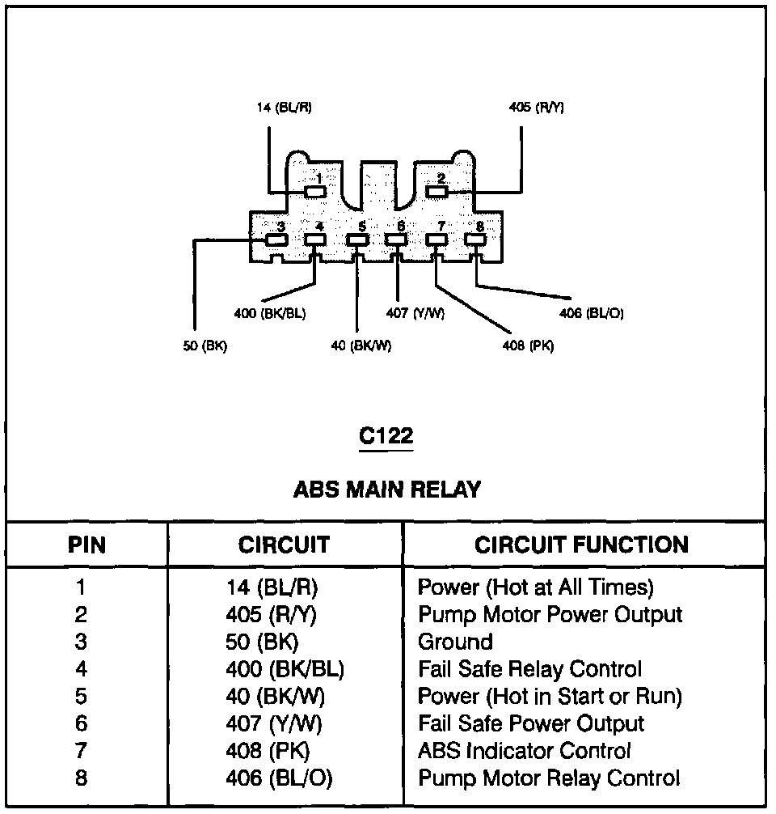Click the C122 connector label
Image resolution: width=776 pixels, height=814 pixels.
pyautogui.click(x=386, y=437)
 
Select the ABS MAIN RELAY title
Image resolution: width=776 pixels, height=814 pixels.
pyautogui.click(x=386, y=489)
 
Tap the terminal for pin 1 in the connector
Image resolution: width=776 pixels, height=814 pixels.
pyautogui.click(x=316, y=192)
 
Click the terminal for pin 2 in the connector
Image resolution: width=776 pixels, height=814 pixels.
pyautogui.click(x=436, y=192)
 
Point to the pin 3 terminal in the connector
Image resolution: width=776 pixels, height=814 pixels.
pyautogui.click(x=276, y=240)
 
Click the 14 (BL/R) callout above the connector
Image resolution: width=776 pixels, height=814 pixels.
pyautogui.click(x=285, y=108)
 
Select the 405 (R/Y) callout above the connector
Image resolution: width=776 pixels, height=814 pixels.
pyautogui.click(x=536, y=108)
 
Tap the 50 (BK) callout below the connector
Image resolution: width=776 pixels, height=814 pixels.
pyautogui.click(x=205, y=346)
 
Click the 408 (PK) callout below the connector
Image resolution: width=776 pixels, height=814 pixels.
pyautogui.click(x=527, y=346)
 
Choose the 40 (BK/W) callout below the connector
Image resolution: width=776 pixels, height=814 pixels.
pyautogui.click(x=361, y=346)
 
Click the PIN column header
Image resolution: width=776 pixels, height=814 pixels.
pyautogui.click(x=86, y=545)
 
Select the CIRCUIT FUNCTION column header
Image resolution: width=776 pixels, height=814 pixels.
pyautogui.click(x=581, y=545)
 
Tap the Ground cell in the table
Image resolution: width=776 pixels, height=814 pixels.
pyautogui.click(x=455, y=642)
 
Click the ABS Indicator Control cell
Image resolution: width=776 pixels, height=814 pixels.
pyautogui.click(x=524, y=751)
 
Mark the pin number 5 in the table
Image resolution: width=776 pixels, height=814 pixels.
pyautogui.click(x=81, y=696)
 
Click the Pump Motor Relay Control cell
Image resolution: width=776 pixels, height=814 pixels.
pyautogui.click(x=549, y=778)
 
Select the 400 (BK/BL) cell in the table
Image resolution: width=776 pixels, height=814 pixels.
pyautogui.click(x=285, y=669)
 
